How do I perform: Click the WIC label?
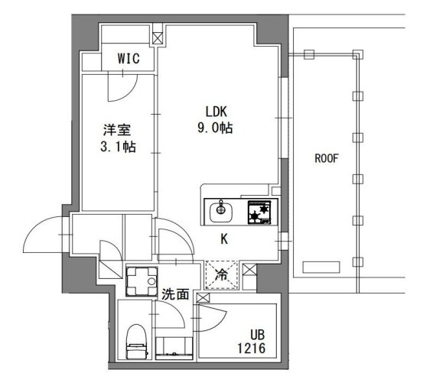point(127,59)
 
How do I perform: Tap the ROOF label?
point(327,159)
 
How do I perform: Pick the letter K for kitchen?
point(224,239)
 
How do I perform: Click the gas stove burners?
point(259,210)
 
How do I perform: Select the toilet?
point(135,341)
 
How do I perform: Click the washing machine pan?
point(141,281)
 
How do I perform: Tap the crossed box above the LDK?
point(158,37)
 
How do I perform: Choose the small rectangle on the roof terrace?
point(321,268)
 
